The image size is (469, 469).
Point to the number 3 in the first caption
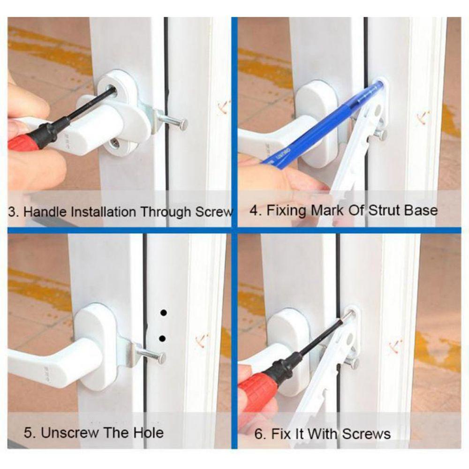(13, 211)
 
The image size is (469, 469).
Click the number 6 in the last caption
(258, 433)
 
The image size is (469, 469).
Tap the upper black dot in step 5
(163, 312)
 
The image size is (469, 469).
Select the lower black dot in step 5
(163, 338)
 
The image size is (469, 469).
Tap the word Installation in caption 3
(103, 211)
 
